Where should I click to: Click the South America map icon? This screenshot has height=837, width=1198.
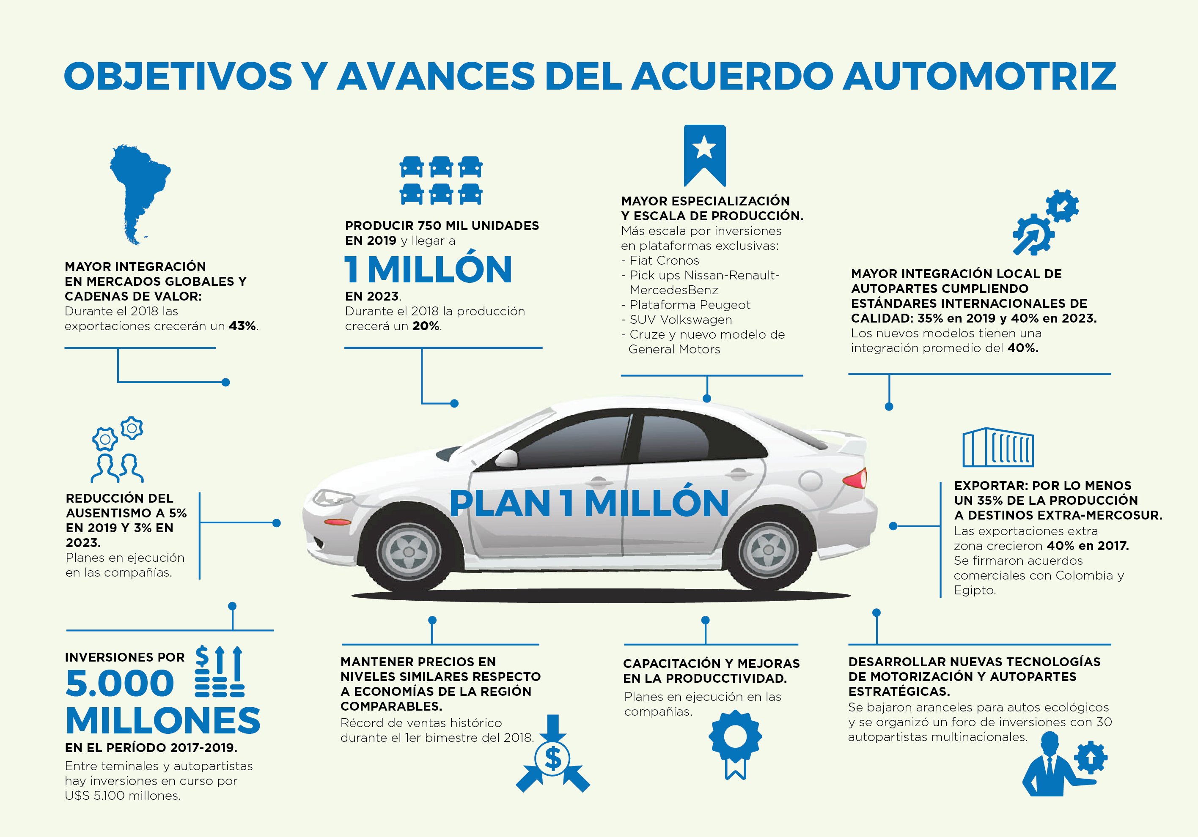pyautogui.click(x=140, y=194)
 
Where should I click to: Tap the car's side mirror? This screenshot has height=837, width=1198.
pyautogui.click(x=505, y=458)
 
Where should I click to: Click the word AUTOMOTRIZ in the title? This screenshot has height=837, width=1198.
pyautogui.click(x=979, y=76)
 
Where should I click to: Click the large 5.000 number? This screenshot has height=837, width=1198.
pyautogui.click(x=120, y=683)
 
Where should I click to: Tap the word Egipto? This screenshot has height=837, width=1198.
pyautogui.click(x=975, y=590)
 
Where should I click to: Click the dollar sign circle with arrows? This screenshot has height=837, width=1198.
pyautogui.click(x=552, y=754)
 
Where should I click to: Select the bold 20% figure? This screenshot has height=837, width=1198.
pyautogui.click(x=426, y=326)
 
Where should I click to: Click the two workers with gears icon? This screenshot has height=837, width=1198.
pyautogui.click(x=118, y=449)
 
